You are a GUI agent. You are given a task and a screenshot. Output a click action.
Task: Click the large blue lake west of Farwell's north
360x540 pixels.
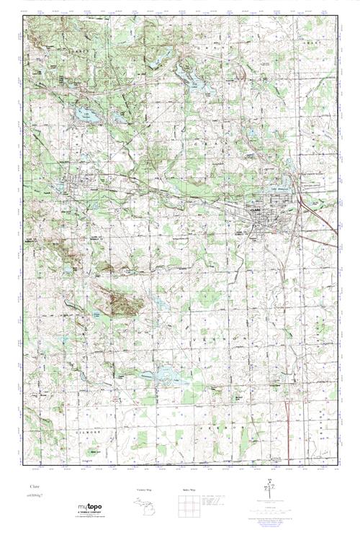[79, 115]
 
